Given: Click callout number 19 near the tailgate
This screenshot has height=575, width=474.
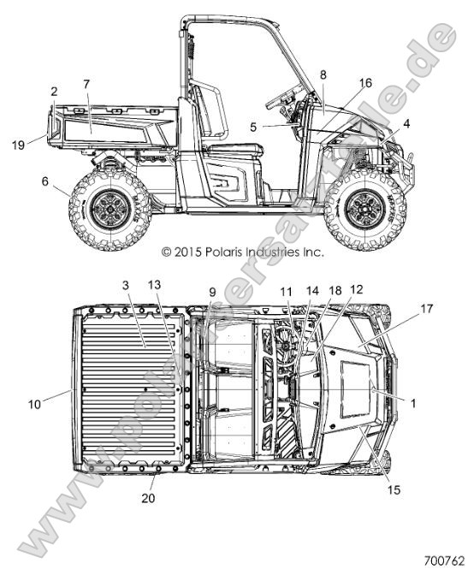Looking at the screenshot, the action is point(18,145).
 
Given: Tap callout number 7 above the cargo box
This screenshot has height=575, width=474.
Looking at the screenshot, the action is point(86,85).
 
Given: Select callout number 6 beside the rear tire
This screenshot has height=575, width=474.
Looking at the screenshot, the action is point(45,181).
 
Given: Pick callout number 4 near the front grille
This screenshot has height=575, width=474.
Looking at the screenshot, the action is point(406,124).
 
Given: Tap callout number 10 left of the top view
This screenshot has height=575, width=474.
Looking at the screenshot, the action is point(35,405).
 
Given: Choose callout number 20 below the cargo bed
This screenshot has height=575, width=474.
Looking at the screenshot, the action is point(148,498).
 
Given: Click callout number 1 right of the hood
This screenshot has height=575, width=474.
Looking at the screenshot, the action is point(413,403).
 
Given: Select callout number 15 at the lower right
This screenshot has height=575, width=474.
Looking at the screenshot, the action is point(394,489).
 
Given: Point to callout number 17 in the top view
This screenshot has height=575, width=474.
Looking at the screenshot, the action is point(426,309).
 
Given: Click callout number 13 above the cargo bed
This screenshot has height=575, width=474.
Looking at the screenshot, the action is point(154,285).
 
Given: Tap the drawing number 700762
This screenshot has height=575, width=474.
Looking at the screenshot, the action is point(444,561).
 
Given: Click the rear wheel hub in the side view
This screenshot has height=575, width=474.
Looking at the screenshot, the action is point(110,210).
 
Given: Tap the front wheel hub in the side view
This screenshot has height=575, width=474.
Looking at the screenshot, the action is point(365,210).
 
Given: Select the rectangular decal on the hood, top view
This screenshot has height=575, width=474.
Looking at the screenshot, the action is point(355,389).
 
